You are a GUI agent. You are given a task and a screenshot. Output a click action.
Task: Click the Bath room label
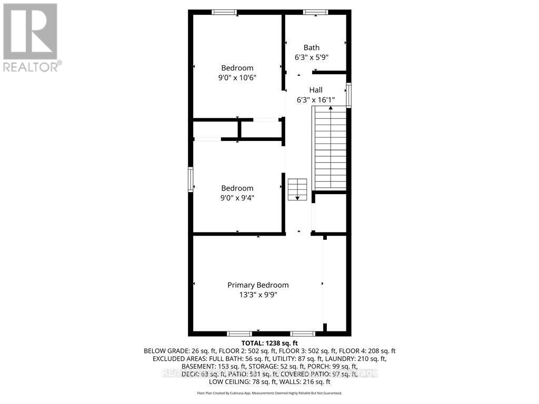tap(311, 48)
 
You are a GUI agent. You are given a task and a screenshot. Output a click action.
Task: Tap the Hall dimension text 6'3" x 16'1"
tap(316, 99)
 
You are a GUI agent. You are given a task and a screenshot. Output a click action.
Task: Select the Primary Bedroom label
tap(258, 285)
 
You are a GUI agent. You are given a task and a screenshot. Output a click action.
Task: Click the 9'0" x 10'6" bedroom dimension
tap(237, 77)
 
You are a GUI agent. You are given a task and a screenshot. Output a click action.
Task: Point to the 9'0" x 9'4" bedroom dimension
tap(237, 198)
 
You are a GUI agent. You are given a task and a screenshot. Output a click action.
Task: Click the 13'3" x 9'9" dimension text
tap(258, 295)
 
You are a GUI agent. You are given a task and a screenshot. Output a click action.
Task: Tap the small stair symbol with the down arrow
tap(297, 189)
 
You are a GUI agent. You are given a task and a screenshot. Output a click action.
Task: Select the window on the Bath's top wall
tap(315, 12)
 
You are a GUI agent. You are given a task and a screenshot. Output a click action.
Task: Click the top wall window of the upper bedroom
tap(224, 12)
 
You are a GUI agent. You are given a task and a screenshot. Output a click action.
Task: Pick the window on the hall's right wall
tap(348, 95)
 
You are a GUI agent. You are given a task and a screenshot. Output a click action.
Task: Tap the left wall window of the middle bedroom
tap(191, 179)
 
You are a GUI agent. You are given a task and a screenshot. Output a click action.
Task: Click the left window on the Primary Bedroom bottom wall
tap(239, 333)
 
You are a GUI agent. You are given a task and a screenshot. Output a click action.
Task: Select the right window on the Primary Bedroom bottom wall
tap(303, 333)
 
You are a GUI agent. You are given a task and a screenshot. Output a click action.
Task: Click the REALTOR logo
tap(31, 37)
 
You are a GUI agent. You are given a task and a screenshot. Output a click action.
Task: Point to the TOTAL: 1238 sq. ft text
tap(269, 343)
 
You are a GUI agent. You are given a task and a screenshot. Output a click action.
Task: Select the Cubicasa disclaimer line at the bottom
tap(269, 393)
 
